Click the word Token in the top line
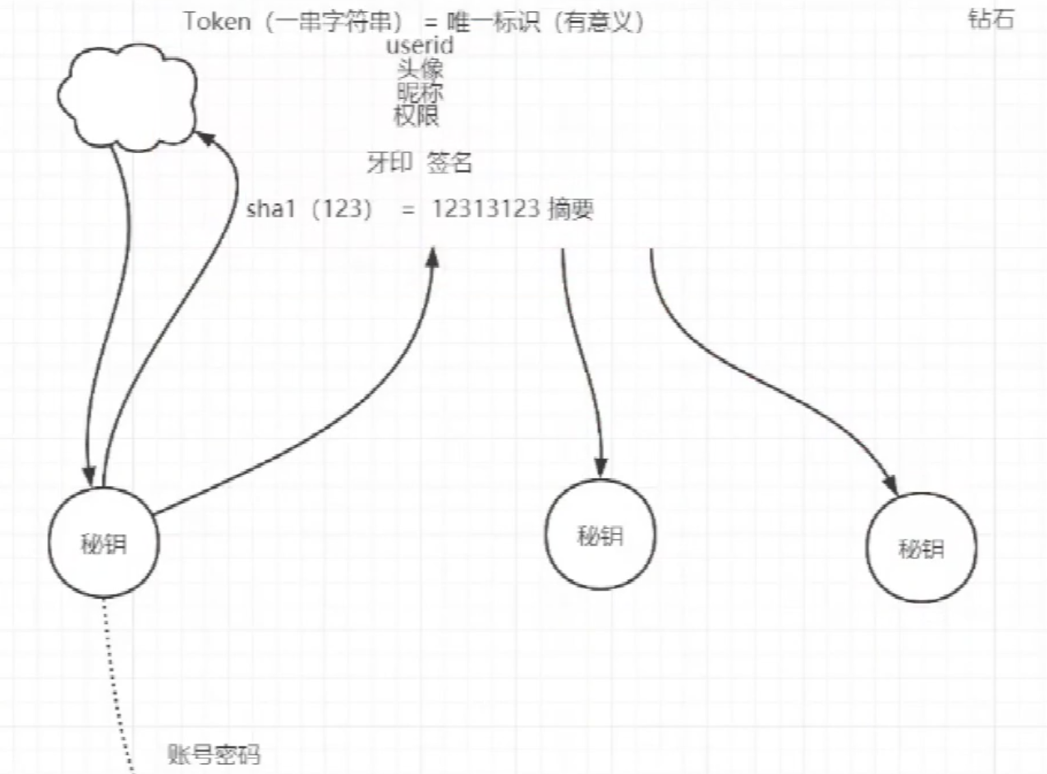217,22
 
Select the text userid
419,46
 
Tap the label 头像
420,69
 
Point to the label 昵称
420,92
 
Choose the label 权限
416,116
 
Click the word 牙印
390,163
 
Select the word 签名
449,163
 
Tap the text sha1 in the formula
270,209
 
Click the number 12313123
486,209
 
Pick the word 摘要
570,209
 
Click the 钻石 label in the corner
990,19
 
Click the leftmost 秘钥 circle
103,544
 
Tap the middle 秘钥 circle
600,535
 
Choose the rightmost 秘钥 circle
921,548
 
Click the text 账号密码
213,754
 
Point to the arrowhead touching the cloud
205,138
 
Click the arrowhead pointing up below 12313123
432,258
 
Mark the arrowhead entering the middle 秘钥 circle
601,468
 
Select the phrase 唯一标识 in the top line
493,22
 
